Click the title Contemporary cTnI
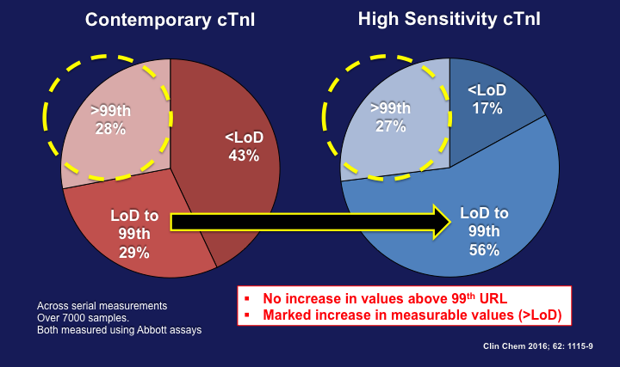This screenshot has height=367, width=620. coord(171,18)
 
